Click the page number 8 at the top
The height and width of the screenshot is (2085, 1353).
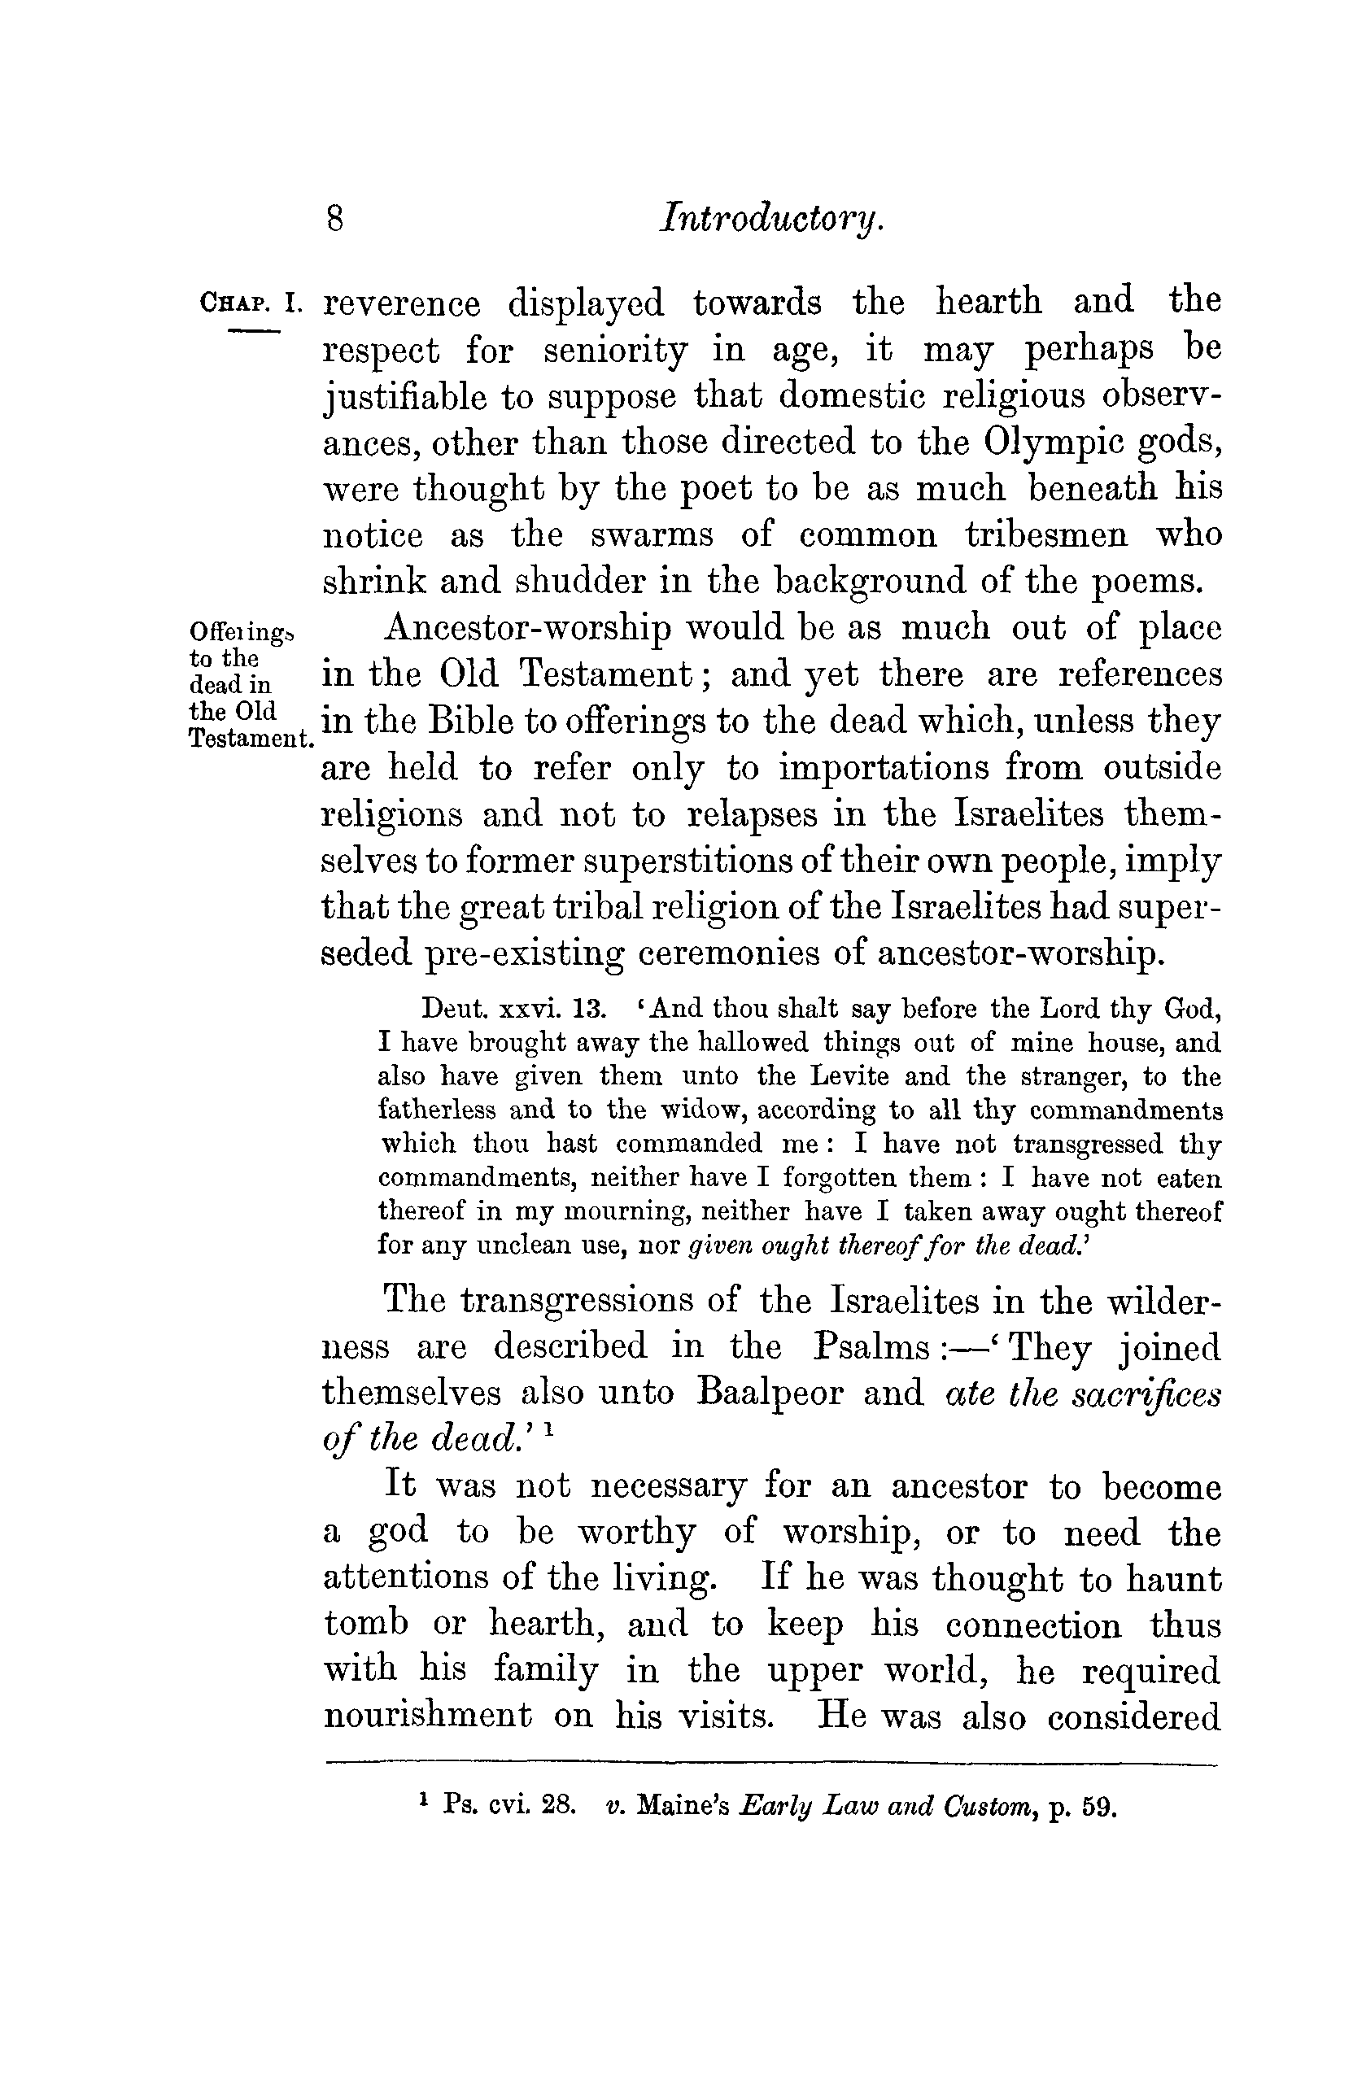(x=334, y=217)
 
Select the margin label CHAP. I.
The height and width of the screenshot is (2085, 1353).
(x=251, y=303)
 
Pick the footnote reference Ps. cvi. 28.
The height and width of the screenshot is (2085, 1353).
(x=508, y=1804)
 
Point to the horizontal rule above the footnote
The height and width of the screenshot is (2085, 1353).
(x=771, y=1763)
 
